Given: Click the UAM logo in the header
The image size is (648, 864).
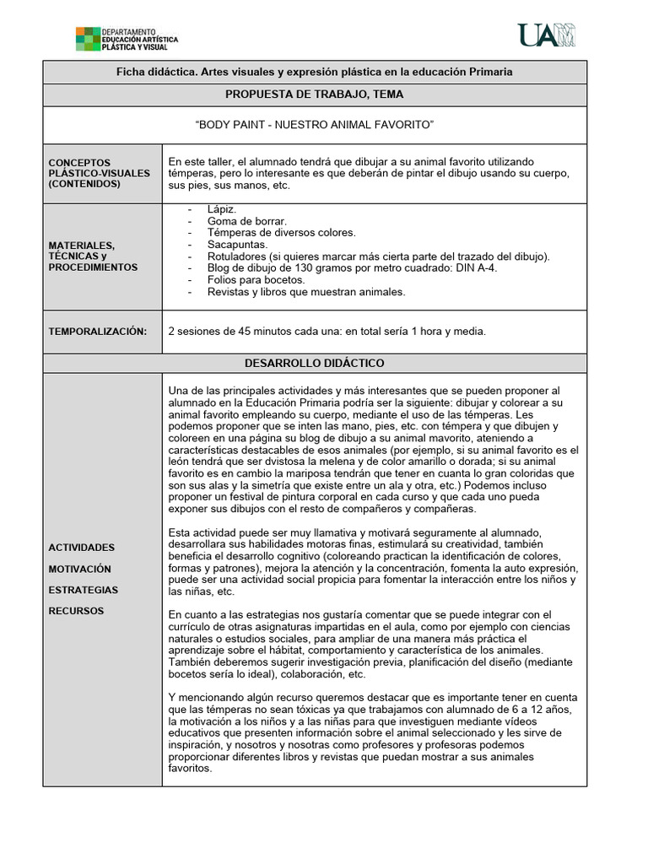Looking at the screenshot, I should click(546, 35).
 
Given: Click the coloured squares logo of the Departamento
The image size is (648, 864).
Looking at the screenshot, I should click(88, 39).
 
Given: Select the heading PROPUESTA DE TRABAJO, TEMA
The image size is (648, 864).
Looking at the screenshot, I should click(314, 94).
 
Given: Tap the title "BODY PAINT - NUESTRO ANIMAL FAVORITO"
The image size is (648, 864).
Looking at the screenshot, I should click(314, 125).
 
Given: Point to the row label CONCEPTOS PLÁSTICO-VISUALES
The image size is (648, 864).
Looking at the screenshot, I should click(99, 173).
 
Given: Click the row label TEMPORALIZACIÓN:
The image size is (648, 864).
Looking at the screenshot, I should click(97, 332).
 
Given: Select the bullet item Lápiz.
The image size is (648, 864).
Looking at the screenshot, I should click(222, 209).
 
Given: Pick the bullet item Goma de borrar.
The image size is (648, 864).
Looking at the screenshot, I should click(241, 221).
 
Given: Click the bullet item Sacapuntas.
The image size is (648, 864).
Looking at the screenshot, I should click(238, 245).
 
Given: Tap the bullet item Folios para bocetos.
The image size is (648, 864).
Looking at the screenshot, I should click(256, 280).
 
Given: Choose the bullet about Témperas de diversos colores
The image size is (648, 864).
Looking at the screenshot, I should click(281, 233).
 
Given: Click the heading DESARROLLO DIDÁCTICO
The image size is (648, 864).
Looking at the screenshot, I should click(314, 363).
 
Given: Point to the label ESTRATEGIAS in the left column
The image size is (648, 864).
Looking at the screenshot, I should click(84, 590).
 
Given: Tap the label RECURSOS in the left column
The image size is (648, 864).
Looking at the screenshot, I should click(76, 610).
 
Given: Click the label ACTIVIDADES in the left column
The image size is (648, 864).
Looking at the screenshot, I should click(82, 548).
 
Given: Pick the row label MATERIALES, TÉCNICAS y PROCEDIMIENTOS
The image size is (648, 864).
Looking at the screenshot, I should click(93, 256).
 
